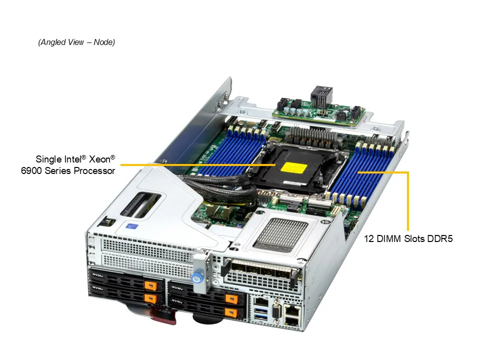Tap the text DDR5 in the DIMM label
pyautogui.click(x=440, y=239)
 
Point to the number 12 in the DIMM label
pyautogui.click(x=368, y=239)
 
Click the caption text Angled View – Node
pyautogui.click(x=76, y=42)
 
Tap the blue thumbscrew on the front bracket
pyautogui.click(x=197, y=276)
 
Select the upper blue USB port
pyautogui.click(x=260, y=304)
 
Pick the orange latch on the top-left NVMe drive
pyautogui.click(x=148, y=285)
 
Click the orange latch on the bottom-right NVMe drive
pyautogui.click(x=230, y=312)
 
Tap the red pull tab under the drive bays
pyautogui.click(x=163, y=315)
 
